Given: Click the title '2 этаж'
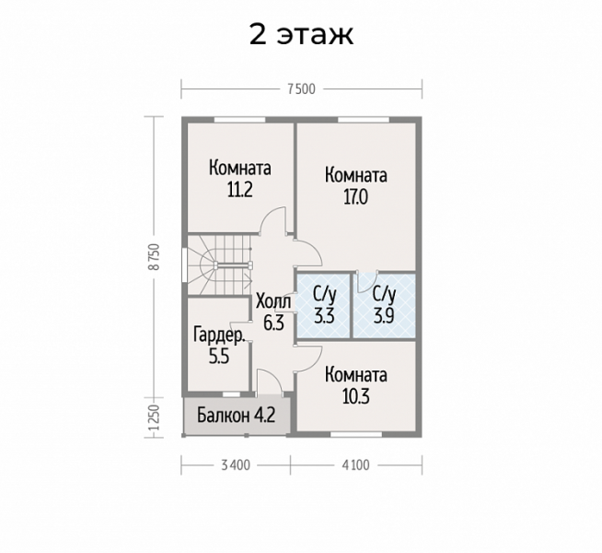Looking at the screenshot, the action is (301, 35).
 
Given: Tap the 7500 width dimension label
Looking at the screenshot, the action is (301, 89).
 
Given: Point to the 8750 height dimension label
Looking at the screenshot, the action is (154, 257).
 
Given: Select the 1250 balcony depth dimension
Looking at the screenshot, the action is (154, 418).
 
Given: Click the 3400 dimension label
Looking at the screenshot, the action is (236, 465).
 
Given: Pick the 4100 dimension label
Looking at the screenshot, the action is (355, 465).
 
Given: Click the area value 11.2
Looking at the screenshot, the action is (240, 190).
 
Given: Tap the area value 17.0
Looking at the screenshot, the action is (355, 196).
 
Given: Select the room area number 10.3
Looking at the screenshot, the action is (355, 396).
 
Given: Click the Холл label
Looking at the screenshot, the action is (273, 301).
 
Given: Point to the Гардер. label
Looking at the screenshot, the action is (219, 335).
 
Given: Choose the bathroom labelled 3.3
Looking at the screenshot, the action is (324, 306).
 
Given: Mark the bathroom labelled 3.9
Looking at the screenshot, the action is (384, 306).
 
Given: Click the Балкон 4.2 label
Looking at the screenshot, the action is (237, 416).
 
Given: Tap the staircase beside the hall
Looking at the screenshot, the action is (219, 265).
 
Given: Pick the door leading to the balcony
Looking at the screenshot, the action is (269, 382).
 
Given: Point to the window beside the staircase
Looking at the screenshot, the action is (185, 266).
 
